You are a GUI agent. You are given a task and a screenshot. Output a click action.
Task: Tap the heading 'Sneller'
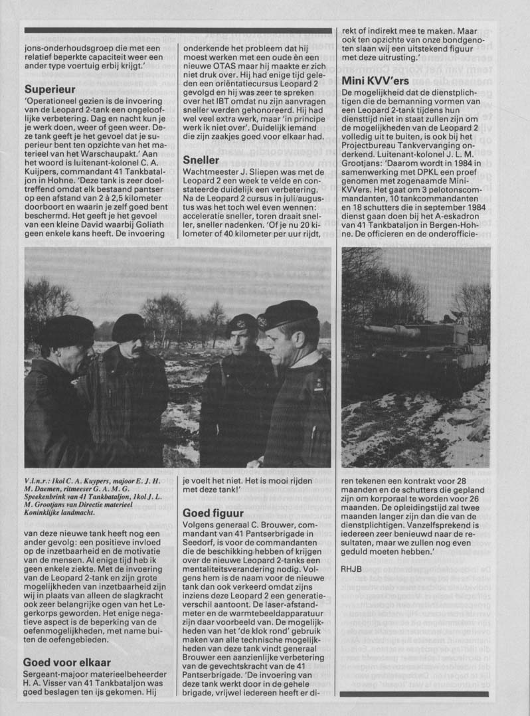click(x=200, y=159)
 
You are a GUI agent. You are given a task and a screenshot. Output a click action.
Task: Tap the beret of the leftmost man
click(x=65, y=329)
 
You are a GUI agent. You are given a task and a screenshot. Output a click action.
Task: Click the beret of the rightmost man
click(x=288, y=313)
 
